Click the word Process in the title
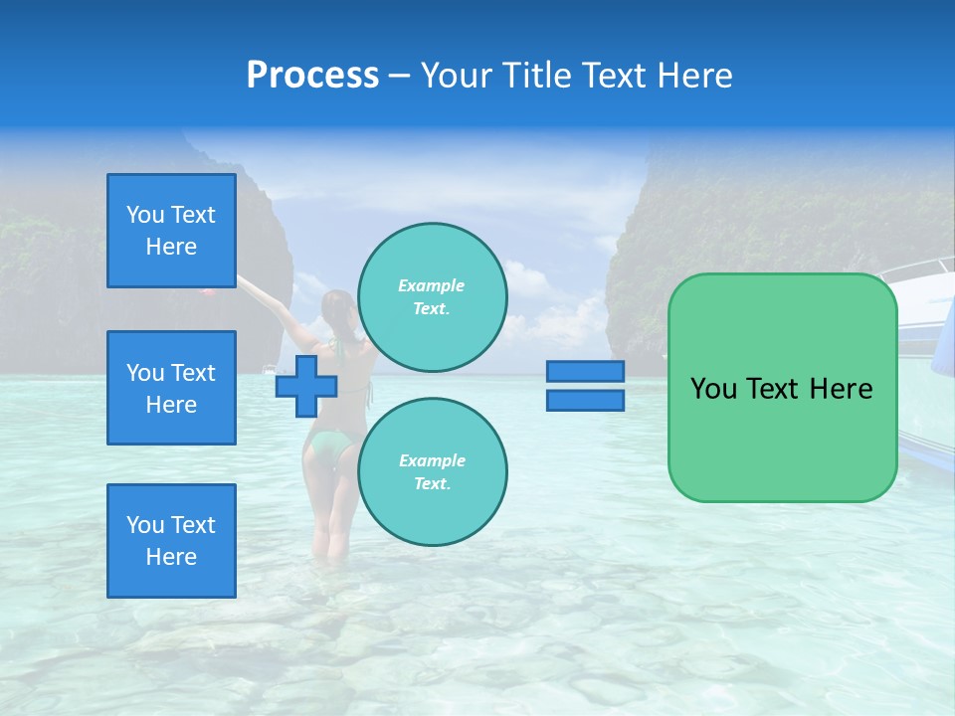(312, 76)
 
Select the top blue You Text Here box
(171, 231)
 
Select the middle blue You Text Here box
(171, 388)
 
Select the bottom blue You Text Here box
(171, 541)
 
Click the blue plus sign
(306, 386)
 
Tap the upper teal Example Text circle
(433, 296)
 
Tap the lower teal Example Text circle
(433, 471)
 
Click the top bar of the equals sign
(585, 372)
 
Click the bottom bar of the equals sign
(585, 401)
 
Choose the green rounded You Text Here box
(782, 388)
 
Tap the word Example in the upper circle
(432, 285)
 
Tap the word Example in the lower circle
(432, 460)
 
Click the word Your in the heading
(453, 76)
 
